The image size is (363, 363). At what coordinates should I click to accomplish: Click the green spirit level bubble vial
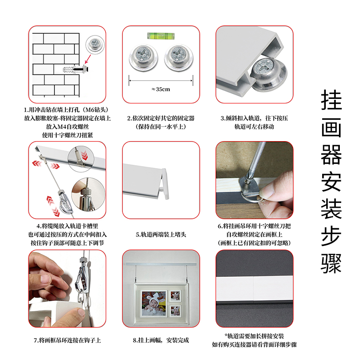[161, 36]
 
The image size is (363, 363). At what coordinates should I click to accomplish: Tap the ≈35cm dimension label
[161, 89]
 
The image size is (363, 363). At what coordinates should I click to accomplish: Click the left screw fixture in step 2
[144, 58]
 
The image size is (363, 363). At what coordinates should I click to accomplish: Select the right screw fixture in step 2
[179, 58]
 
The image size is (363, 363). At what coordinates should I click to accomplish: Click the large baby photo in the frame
[154, 303]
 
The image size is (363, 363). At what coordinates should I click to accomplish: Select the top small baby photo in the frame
[175, 296]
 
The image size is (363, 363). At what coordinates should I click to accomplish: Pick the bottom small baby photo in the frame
[175, 311]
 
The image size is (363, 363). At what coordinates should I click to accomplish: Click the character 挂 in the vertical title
[331, 100]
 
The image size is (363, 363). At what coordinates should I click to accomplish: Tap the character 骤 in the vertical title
[331, 264]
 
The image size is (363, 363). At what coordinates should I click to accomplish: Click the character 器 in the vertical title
[331, 155]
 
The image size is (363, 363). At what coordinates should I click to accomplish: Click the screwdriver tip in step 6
[249, 179]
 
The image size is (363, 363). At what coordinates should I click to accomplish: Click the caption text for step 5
[161, 235]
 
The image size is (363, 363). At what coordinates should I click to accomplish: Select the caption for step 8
[161, 340]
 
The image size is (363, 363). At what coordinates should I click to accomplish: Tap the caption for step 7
[67, 340]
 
